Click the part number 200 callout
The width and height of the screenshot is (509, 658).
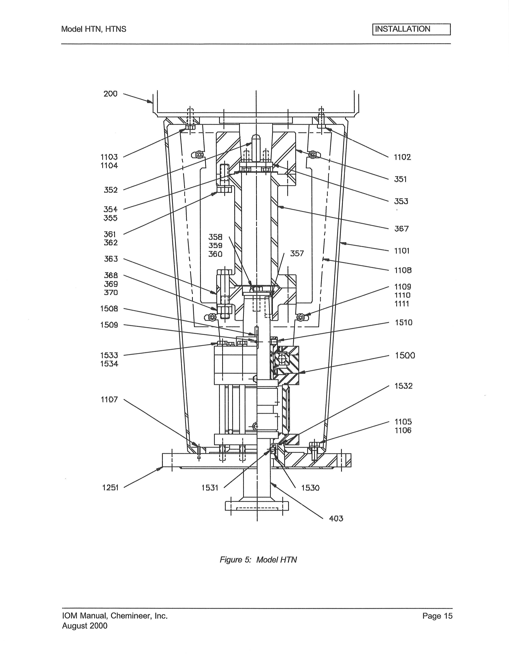point(110,94)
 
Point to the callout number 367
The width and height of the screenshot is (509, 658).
point(401,229)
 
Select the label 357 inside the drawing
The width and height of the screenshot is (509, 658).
point(297,254)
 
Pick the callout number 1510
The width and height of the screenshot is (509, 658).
point(403,323)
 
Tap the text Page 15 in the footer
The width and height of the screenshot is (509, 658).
point(437,616)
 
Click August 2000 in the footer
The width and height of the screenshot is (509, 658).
point(85,626)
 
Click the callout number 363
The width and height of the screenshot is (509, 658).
point(111,259)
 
